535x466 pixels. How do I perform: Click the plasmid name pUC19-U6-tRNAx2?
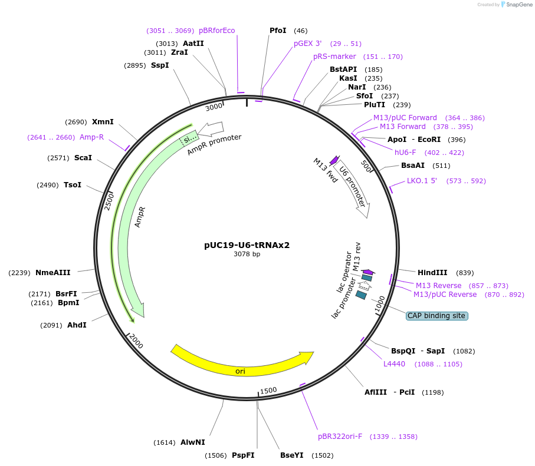tap(247, 245)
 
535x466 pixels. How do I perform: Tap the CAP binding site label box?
tap(436, 316)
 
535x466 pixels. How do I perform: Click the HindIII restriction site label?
tap(432, 273)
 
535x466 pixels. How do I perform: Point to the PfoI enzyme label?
tap(278, 31)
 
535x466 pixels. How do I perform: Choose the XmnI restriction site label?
tap(103, 122)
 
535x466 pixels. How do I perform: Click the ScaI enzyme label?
tap(83, 158)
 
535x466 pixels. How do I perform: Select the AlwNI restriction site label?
tap(193, 442)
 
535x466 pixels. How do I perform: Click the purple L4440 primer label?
tap(394, 364)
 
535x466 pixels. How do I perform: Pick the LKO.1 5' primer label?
tap(422, 181)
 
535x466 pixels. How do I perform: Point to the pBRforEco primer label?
tap(216, 31)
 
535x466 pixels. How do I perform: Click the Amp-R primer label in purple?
tap(91, 137)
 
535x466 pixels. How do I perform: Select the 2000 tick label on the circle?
tap(136, 341)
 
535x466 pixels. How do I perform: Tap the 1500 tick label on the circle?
tap(268, 390)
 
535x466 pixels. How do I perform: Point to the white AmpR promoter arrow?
tap(211, 128)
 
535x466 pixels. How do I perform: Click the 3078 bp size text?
tap(247, 255)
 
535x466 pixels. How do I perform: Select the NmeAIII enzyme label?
tap(53, 273)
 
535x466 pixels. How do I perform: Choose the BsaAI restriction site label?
tap(413, 166)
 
